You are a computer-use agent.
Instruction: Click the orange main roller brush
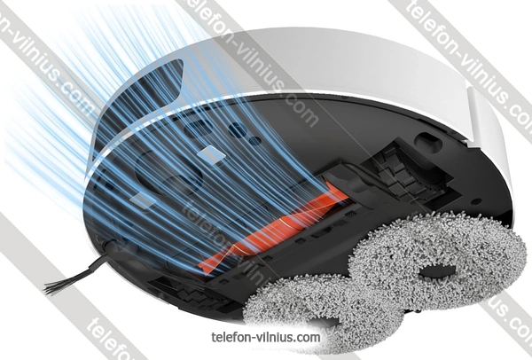(x=271, y=228)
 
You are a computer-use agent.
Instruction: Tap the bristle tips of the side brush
(x=51, y=288)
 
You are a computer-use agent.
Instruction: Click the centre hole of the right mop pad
(x=438, y=271)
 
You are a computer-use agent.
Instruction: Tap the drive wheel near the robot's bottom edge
(x=190, y=293)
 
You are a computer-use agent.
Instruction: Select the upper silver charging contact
(x=211, y=154)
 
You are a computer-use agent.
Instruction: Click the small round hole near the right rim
(x=476, y=201)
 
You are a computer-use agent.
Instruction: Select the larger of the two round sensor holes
(x=237, y=129)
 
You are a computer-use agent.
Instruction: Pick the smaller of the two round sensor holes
(x=254, y=140)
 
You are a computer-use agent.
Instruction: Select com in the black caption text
(x=309, y=338)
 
